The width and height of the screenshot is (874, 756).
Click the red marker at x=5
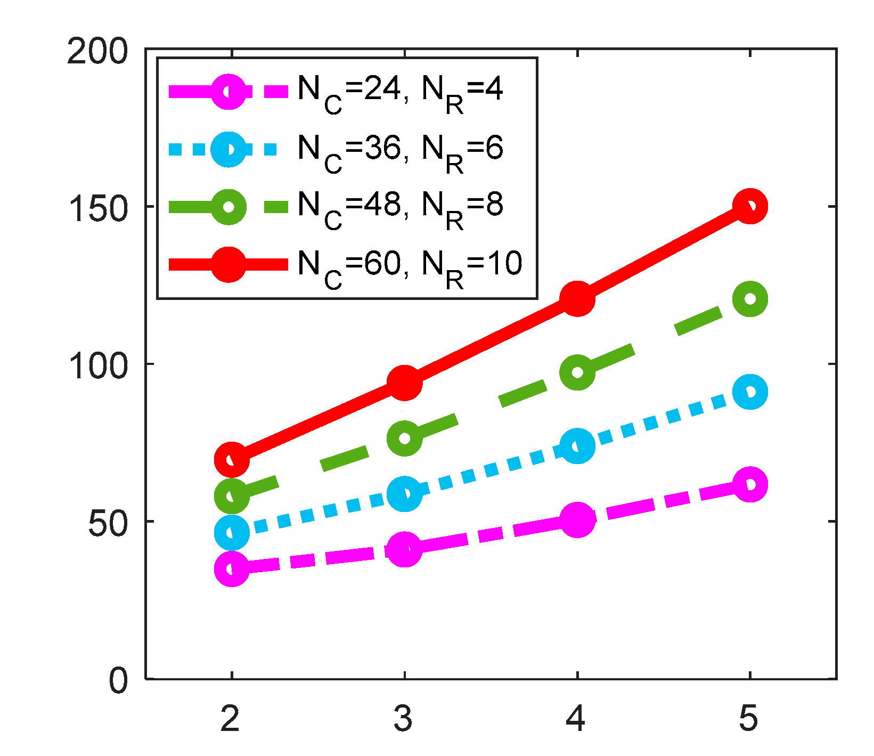coord(750,206)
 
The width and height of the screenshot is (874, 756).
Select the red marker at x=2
coord(232,459)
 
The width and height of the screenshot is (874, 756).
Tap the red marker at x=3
coord(405,383)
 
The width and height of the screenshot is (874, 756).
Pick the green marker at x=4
coord(577,372)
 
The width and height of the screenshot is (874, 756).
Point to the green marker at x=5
coord(750,298)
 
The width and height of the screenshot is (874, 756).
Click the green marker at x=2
coord(232,496)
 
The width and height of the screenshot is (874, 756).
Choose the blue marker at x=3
coord(405,493)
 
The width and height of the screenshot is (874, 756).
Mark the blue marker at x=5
coord(750,392)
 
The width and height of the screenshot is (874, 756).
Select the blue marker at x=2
coord(232,532)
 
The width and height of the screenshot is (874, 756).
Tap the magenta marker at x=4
coord(577,519)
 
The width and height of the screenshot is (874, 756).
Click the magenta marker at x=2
coord(232,568)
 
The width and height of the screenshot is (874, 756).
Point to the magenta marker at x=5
coord(750,484)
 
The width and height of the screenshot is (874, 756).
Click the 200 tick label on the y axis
coord(98,52)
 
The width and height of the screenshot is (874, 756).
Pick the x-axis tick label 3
coord(404,719)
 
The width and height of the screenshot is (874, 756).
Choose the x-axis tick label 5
coord(749,719)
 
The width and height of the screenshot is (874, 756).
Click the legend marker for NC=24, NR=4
coord(228,92)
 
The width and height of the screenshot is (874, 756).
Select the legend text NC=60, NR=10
coord(410,265)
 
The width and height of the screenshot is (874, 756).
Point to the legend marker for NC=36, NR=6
coord(228,150)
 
